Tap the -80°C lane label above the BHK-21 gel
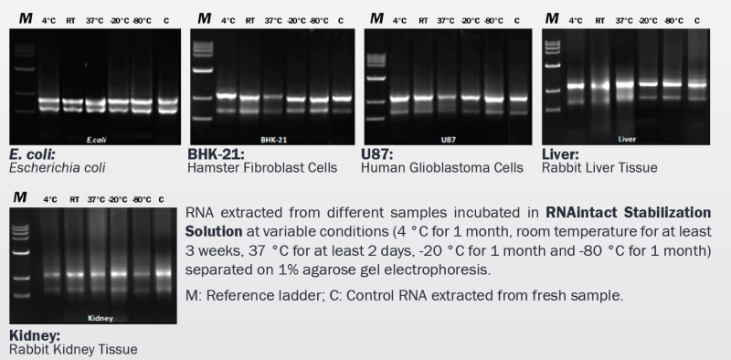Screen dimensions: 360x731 (x=318, y=20)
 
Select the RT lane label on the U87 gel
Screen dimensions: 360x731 (x=423, y=20)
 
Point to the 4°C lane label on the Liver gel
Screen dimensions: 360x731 (x=576, y=19)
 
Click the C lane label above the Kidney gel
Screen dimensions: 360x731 (x=161, y=198)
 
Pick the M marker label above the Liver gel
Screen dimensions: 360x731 (x=551, y=17)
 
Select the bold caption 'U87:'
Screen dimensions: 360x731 (x=377, y=154)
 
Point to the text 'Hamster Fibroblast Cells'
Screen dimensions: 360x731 (x=263, y=168)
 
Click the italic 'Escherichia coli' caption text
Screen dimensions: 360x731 (x=57, y=168)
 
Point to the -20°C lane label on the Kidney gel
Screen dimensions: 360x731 (x=118, y=198)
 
